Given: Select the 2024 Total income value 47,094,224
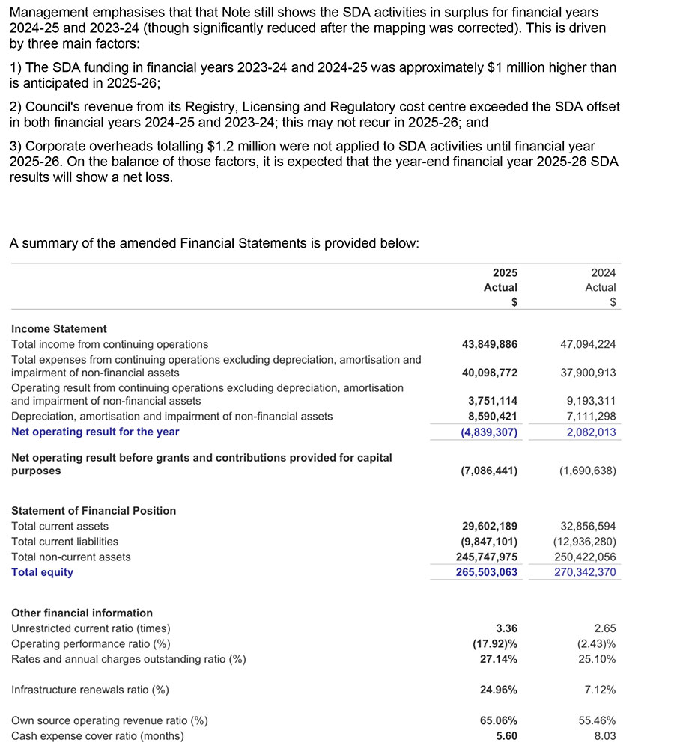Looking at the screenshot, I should click(x=588, y=344).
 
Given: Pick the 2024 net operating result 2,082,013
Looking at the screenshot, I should click(x=588, y=432).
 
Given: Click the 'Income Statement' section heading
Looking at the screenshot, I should click(x=59, y=328).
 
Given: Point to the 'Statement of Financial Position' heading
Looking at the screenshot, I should click(x=94, y=510).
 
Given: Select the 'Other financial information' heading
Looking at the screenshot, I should click(x=82, y=613).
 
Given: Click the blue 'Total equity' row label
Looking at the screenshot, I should click(x=42, y=572).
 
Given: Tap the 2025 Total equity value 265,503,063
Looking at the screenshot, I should click(x=486, y=572).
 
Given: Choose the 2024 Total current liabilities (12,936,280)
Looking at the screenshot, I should click(x=585, y=541).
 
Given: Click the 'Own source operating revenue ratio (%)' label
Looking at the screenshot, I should click(x=109, y=720).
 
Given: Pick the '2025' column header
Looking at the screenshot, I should click(x=505, y=273).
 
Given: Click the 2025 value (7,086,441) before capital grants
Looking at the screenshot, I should click(x=488, y=471).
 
